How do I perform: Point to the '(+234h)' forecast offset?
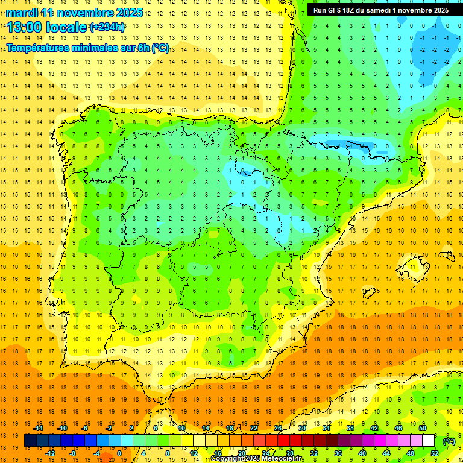click(107, 27)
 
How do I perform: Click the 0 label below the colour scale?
click(119, 453)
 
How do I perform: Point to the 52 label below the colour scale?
click(435, 453)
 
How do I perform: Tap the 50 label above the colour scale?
click(423, 427)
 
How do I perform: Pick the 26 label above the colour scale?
click(278, 427)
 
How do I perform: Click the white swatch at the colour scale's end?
click(429, 441)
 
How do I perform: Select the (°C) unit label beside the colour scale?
click(449, 441)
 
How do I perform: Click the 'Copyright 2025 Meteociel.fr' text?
click(257, 459)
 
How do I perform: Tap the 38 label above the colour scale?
click(350, 427)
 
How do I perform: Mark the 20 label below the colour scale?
click(241, 453)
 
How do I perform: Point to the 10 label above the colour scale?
click(181, 427)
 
